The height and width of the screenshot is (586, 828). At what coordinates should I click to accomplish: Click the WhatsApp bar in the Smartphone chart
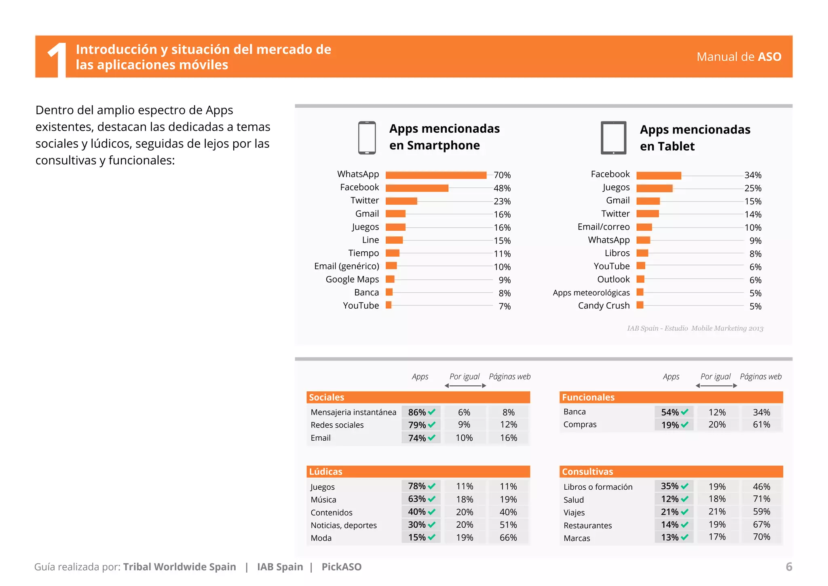[x=436, y=175]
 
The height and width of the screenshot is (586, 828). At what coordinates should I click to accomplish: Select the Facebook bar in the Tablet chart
[x=659, y=175]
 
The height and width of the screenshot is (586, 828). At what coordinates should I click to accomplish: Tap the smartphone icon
[x=367, y=138]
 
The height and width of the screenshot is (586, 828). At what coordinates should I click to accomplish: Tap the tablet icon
[x=613, y=138]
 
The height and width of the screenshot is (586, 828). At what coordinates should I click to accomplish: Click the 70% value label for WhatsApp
[x=502, y=175]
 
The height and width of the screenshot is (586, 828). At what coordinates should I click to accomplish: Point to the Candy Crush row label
[x=604, y=306]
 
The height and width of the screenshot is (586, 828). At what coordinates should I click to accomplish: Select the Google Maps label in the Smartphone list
[x=352, y=279]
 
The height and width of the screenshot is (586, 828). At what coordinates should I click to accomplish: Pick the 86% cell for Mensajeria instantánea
[x=417, y=412]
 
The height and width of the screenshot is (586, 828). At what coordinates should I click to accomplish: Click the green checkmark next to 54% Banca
[x=684, y=412]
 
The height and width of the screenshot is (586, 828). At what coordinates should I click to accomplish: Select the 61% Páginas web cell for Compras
[x=761, y=425]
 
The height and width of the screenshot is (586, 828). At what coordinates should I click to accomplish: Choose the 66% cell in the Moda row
[x=508, y=537]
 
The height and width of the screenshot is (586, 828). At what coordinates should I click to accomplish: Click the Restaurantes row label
[x=587, y=525]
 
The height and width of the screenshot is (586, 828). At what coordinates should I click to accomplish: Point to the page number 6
[x=789, y=567]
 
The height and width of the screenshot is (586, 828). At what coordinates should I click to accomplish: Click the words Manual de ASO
[x=739, y=57]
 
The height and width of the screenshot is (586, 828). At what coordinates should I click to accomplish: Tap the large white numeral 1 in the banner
[x=57, y=59]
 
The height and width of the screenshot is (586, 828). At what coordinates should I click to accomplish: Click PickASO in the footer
[x=341, y=567]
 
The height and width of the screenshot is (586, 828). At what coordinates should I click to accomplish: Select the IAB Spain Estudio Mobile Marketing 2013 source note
[x=695, y=328]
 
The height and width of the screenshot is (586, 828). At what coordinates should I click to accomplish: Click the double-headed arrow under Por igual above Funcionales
[x=716, y=386]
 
